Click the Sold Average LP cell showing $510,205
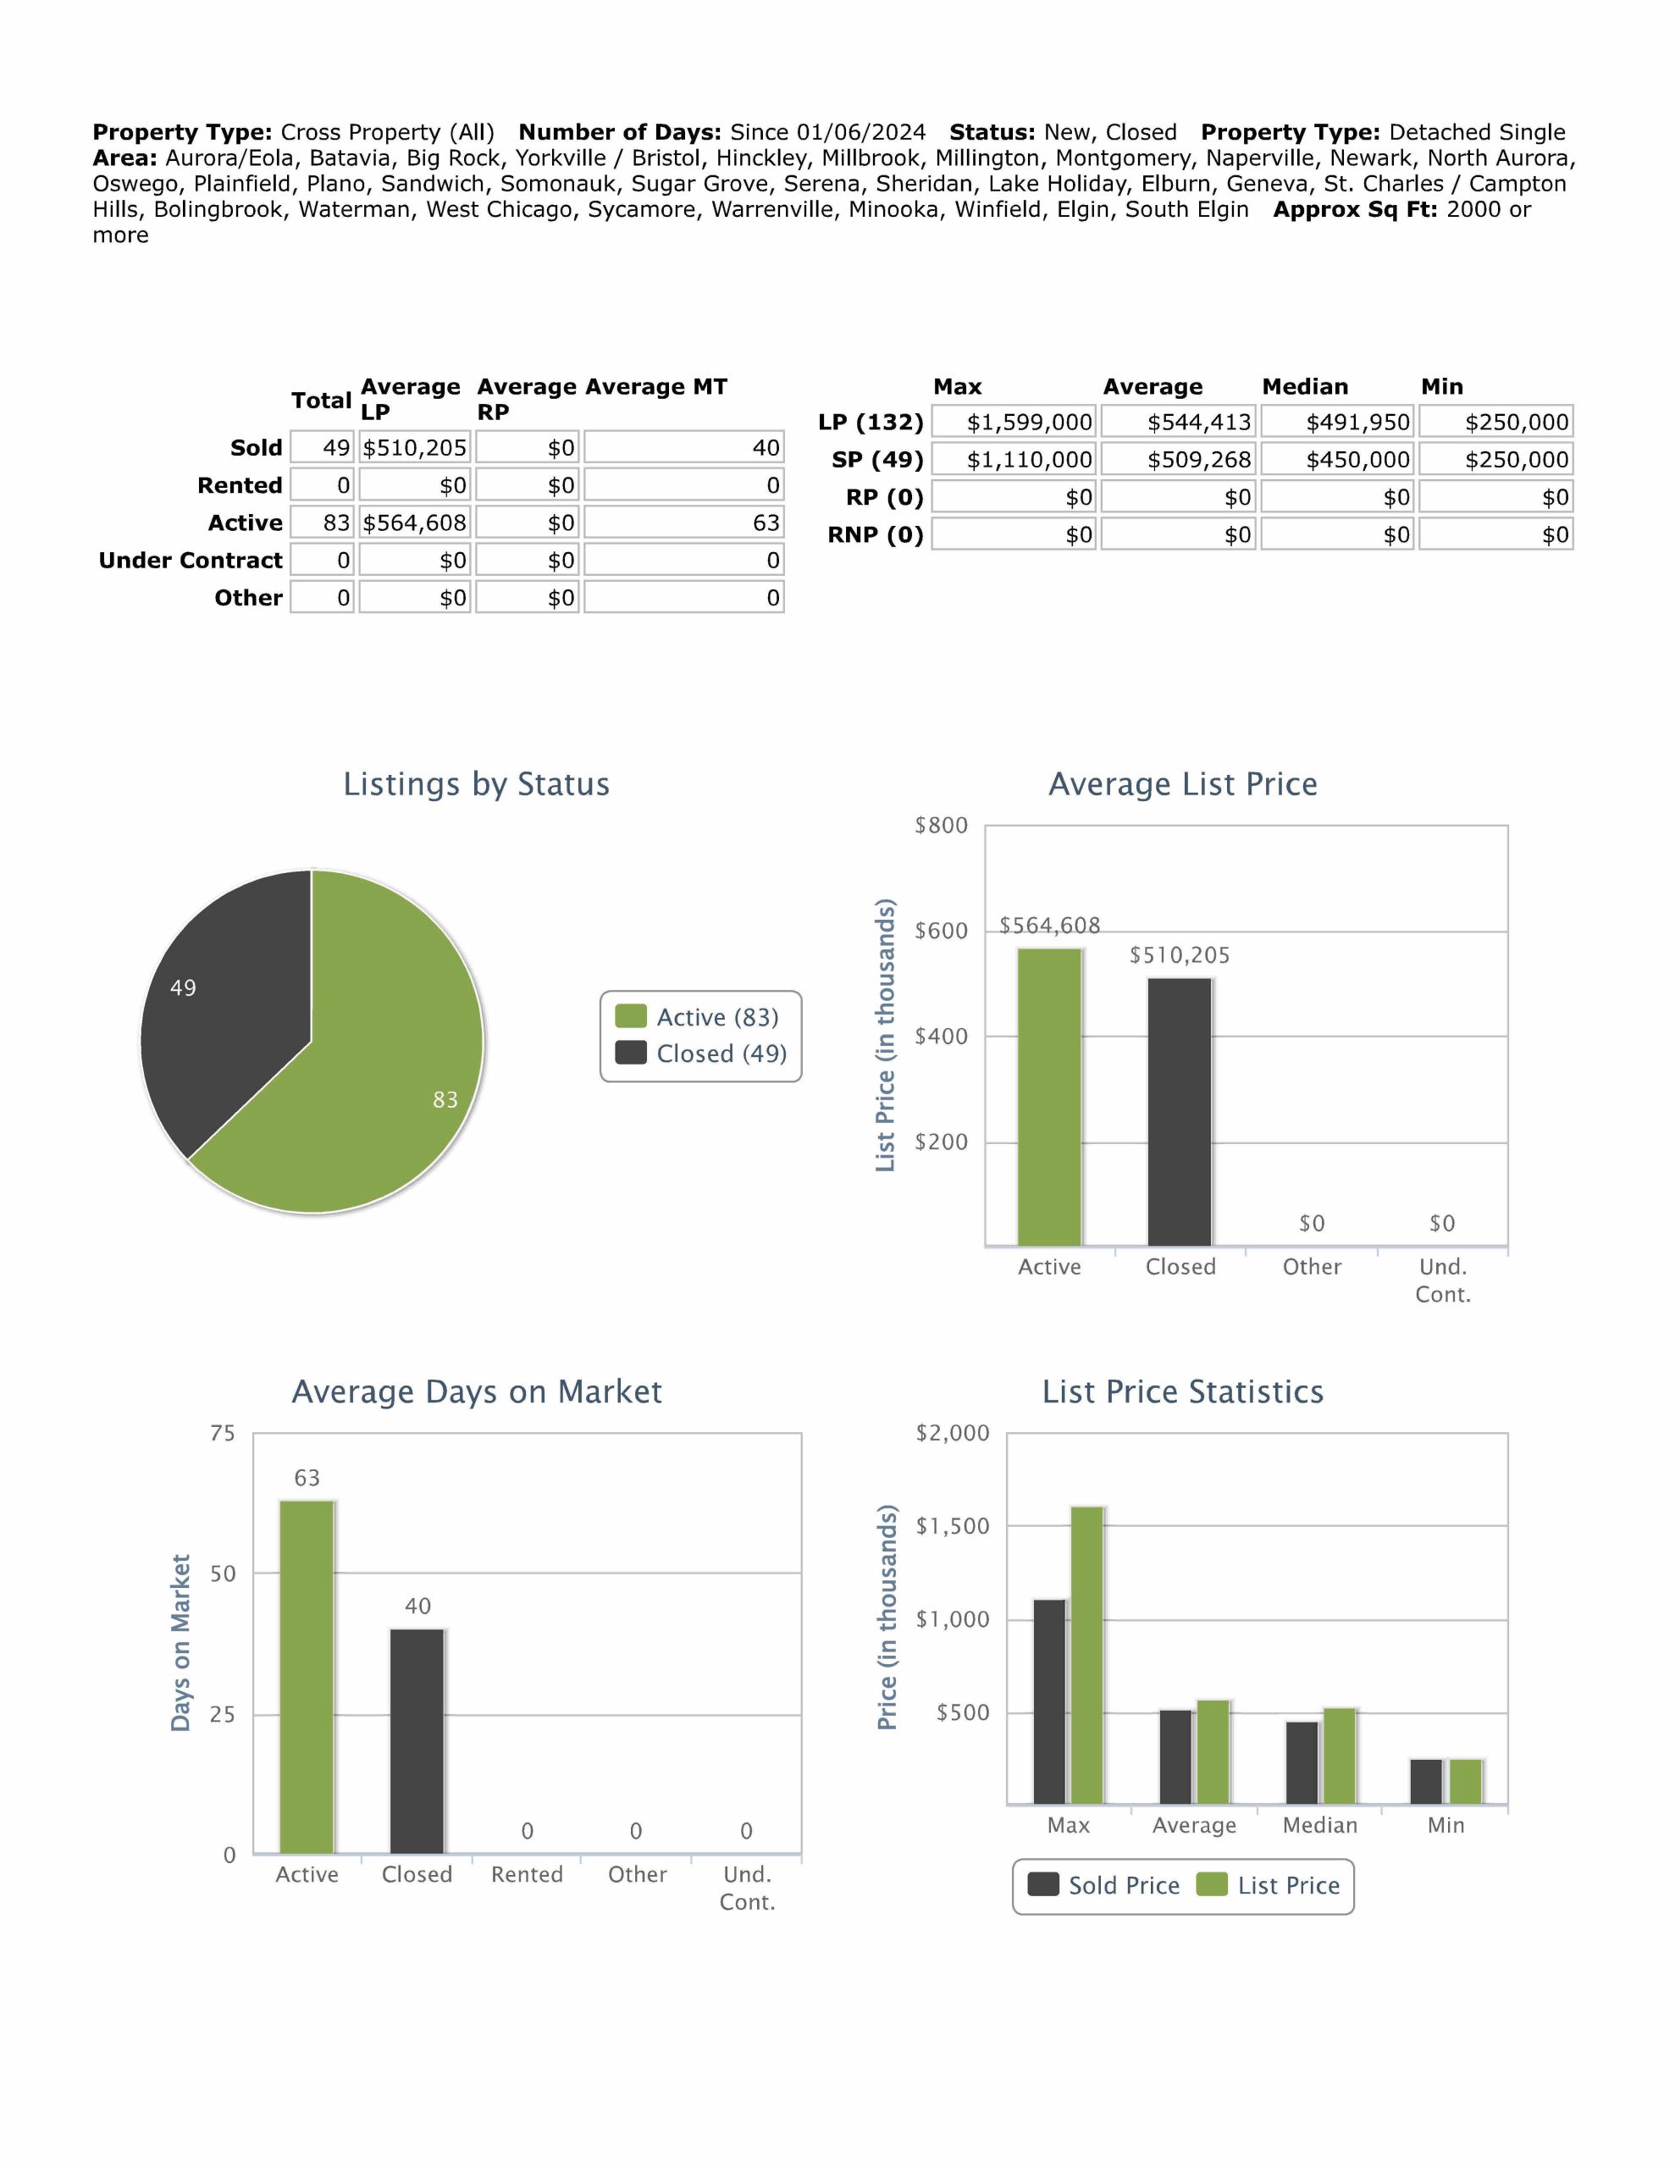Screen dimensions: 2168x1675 click(414, 448)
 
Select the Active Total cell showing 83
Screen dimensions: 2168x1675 click(323, 523)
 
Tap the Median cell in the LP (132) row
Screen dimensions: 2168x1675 click(1336, 422)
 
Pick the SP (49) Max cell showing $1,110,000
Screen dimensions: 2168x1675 click(1014, 460)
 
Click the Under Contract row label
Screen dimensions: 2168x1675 click(191, 561)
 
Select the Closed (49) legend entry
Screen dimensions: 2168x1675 click(701, 1054)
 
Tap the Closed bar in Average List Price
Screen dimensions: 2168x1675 click(1180, 1112)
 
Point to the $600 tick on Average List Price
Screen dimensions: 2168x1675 click(940, 931)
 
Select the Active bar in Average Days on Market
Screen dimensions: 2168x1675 click(307, 1677)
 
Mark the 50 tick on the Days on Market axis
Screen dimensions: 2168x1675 click(223, 1573)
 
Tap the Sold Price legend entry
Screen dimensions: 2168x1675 click(1104, 1885)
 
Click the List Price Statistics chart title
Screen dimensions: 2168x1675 click(1182, 1391)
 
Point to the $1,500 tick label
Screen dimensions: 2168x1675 click(952, 1526)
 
